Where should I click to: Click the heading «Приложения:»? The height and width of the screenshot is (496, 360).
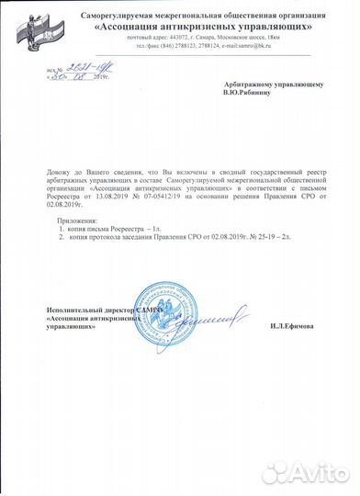click(76, 221)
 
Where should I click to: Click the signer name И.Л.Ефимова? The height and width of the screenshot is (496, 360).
click(296, 325)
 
